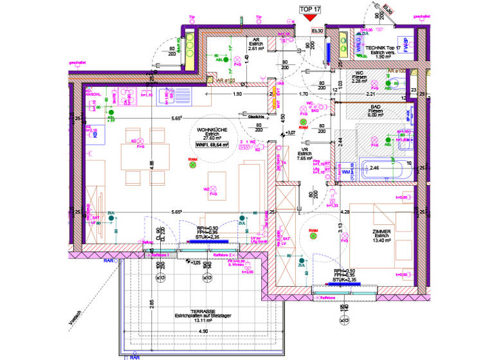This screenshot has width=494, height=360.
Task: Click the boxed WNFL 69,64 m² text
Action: (x=212, y=145)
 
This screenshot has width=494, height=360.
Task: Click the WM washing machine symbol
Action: (x=347, y=172)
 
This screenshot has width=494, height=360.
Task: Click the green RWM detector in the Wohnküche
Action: (x=192, y=165)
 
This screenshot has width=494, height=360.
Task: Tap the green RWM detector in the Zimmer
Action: (x=313, y=236)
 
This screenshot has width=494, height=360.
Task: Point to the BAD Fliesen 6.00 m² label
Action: (x=375, y=111)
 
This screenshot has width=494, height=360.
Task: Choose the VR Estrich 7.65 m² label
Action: (x=304, y=154)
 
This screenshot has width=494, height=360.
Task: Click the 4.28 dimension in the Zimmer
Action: (x=345, y=212)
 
